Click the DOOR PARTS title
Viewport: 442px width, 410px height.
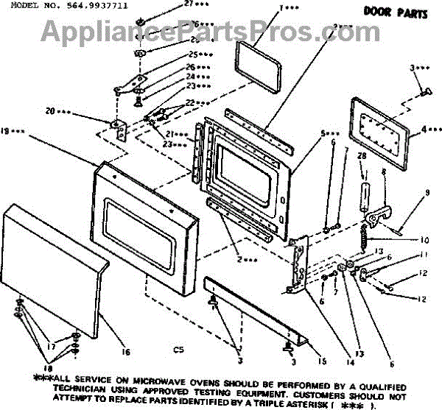(x=387, y=11)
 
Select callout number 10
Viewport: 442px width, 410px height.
(x=424, y=241)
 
